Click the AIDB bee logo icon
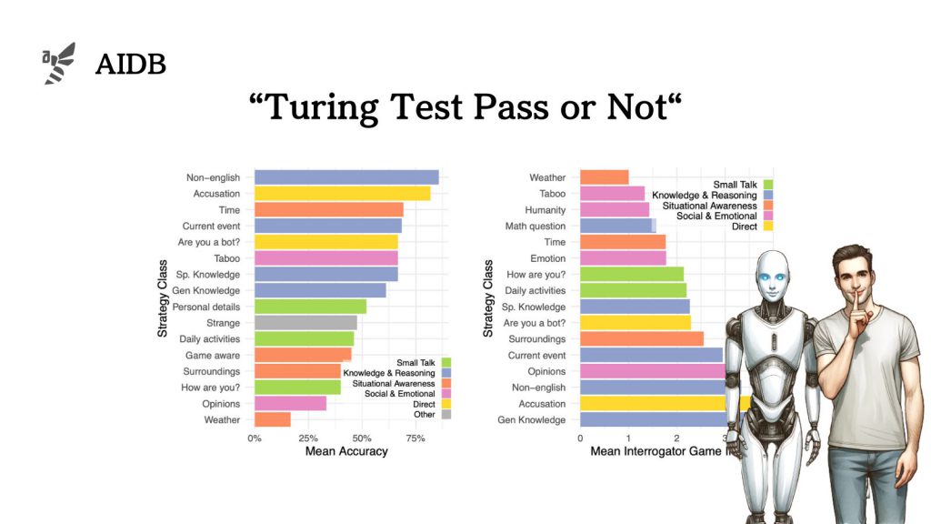click(59, 64)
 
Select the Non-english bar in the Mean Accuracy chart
click(346, 177)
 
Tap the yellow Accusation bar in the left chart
click(342, 194)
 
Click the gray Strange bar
click(305, 323)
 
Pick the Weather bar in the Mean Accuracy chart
click(273, 419)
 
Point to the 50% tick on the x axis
click(362, 438)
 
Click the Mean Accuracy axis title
click(346, 451)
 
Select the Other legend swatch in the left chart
click(445, 414)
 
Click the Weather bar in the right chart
click(604, 177)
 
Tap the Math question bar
click(616, 226)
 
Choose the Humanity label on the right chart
click(546, 209)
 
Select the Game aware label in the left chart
click(213, 356)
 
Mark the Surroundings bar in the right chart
click(641, 338)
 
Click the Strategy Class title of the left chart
click(163, 299)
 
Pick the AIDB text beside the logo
click(131, 65)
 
